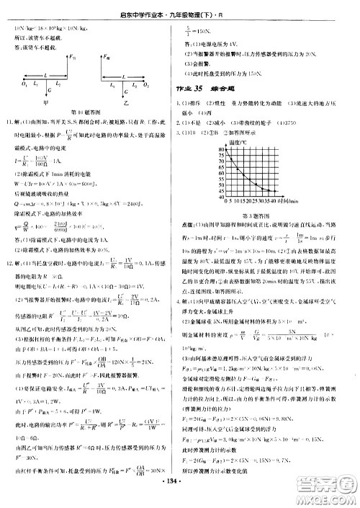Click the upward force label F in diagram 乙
point(107,55)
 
